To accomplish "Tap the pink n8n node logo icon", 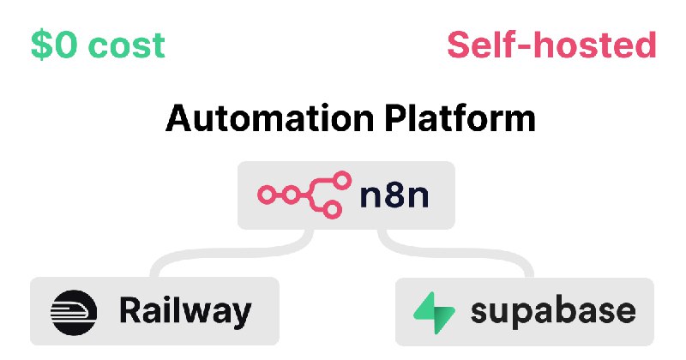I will point(304,195).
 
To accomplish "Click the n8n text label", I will point(394,197).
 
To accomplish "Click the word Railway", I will point(185,310).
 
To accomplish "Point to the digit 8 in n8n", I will point(394,197).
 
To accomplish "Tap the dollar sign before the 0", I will point(41,45).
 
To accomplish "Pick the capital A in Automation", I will point(179,118).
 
